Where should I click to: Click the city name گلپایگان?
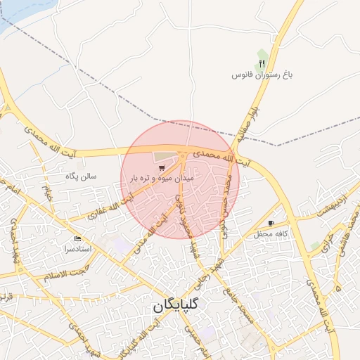click(x=174, y=307)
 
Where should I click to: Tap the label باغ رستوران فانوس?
click(x=262, y=73)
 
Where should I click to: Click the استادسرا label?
click(x=78, y=250)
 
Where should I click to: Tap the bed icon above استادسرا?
click(x=77, y=240)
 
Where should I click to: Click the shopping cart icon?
click(x=162, y=168)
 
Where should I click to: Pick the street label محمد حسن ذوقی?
click(x=226, y=204)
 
